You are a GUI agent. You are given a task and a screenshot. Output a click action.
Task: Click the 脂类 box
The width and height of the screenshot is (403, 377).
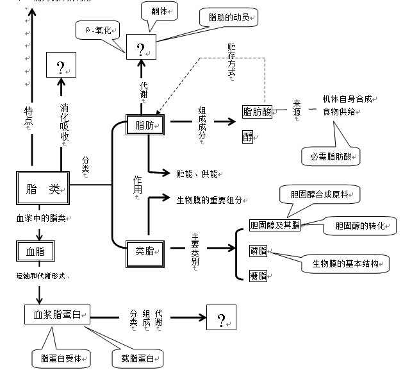point(42,189)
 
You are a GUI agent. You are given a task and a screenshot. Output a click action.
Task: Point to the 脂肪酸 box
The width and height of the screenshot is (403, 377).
point(258,112)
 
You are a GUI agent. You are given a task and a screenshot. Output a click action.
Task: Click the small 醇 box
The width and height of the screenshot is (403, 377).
point(248,137)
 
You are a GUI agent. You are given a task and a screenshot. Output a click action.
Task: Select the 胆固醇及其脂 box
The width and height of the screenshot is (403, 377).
point(274,225)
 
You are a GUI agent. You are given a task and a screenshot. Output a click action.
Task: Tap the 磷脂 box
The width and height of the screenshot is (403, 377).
point(258,251)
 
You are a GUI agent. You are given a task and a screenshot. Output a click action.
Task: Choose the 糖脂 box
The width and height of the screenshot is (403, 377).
point(258,275)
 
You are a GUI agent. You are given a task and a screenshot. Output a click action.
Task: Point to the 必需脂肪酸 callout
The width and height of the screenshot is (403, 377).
point(331,155)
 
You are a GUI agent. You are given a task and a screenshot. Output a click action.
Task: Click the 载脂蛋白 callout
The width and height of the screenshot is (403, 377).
point(136,358)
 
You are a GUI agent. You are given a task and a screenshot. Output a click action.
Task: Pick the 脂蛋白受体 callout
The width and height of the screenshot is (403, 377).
point(61,356)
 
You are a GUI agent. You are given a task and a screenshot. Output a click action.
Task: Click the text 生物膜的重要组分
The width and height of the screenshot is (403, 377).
point(210,200)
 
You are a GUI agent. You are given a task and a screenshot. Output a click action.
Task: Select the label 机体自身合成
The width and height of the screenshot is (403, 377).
point(347,99)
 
